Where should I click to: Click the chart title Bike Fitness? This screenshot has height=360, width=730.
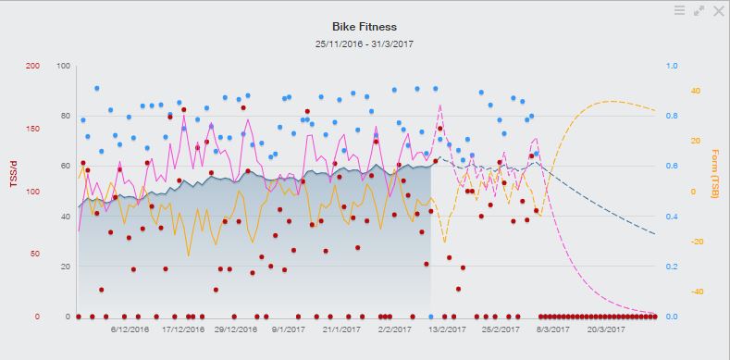click(364, 27)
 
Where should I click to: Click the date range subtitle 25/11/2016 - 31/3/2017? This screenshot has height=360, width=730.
click(364, 43)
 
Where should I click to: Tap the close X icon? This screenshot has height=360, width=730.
click(718, 10)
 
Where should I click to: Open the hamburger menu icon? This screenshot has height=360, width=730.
click(680, 10)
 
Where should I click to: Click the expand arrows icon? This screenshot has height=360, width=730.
click(699, 10)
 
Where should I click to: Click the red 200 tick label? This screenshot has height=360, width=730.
click(33, 66)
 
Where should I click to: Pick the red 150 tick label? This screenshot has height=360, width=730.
click(33, 129)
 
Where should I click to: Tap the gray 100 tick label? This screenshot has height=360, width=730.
click(64, 66)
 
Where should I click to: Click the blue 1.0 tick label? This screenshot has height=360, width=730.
click(672, 66)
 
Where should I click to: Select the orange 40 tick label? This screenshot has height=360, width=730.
click(695, 91)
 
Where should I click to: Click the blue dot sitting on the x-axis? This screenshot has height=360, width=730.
click(431, 317)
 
